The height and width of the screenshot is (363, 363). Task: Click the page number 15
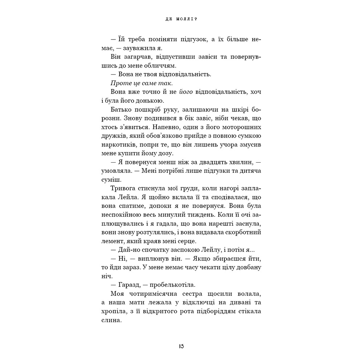181,346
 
